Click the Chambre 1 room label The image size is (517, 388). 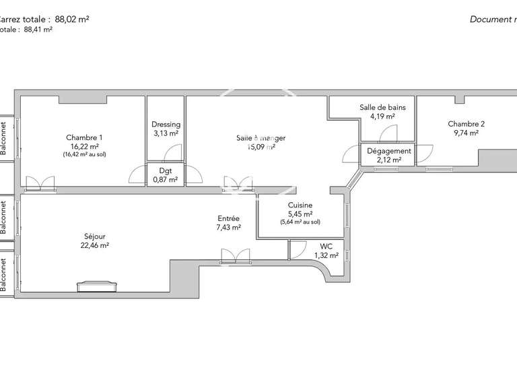point(83,137)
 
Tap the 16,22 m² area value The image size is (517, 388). point(83,145)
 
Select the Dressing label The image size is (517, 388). point(165,125)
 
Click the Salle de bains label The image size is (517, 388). point(382,107)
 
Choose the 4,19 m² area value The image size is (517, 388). point(382,116)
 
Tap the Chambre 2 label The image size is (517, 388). point(466,124)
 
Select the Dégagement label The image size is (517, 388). point(388,152)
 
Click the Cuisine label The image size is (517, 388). point(300,205)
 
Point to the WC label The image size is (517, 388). point(327,246)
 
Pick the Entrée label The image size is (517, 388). point(228,219)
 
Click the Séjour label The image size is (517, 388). point(94,236)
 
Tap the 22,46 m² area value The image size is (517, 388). point(94,245)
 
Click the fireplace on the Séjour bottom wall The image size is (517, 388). point(98,287)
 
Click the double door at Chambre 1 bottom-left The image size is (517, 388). point(38,182)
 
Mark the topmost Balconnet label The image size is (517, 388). point(4,138)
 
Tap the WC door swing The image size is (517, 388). point(296,250)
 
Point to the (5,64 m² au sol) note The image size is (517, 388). point(300,222)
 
